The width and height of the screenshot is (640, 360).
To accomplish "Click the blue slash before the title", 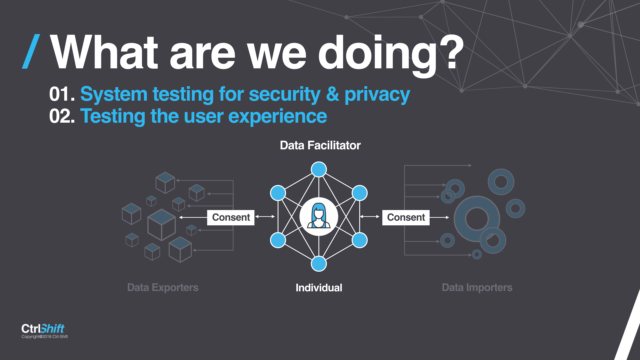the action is tap(31, 52).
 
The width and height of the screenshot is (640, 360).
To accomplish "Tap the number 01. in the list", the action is tap(62, 94).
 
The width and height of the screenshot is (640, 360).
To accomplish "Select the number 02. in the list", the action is tap(62, 116).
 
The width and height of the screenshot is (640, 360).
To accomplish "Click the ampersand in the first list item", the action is tap(333, 94).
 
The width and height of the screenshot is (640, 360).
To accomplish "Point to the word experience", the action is tap(278, 117).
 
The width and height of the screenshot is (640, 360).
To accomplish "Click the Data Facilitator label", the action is tap(320, 145).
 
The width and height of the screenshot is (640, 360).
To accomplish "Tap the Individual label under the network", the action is tap(319, 288).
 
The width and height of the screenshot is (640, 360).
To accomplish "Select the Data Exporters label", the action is tap(163, 288).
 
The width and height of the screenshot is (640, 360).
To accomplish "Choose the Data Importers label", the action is tap(477, 288).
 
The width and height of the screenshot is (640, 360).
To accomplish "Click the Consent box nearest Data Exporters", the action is tap(231, 217).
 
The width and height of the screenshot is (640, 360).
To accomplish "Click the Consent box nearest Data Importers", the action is tap(406, 217).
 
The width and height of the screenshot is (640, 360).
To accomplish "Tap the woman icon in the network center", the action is tap(319, 216).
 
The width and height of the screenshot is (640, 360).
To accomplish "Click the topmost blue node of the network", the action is tap(319, 169).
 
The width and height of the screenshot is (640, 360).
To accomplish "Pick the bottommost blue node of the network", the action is tap(319, 264).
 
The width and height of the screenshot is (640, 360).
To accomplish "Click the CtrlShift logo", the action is tap(43, 328).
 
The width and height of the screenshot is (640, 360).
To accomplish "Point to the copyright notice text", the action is tap(45, 337).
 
